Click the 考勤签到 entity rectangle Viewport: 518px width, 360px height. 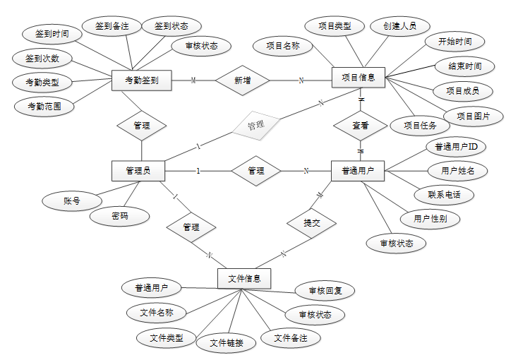click(142, 80)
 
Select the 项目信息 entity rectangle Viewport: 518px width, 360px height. click(358, 77)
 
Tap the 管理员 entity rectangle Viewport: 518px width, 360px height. click(138, 170)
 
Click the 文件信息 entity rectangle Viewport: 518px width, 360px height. click(244, 279)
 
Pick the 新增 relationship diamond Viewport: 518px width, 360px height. click(242, 80)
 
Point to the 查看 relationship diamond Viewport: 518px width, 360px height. click(361, 125)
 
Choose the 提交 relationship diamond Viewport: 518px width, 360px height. click(311, 223)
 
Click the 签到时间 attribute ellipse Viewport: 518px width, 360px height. click(47, 33)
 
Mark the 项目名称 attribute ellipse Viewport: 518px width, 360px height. click(282, 47)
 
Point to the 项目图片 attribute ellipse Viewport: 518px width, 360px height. click(474, 116)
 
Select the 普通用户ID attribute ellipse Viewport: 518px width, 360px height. click(456, 147)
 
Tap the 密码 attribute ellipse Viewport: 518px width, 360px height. click(120, 216)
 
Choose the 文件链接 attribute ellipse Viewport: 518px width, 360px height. click(226, 343)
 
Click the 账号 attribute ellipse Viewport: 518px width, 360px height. click(72, 201)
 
